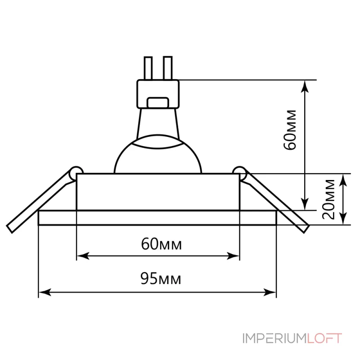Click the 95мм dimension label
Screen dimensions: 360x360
[x=161, y=278]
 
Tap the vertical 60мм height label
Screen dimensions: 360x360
[x=289, y=130]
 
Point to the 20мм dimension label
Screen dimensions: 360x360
[x=328, y=199]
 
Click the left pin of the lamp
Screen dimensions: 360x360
[x=148, y=68]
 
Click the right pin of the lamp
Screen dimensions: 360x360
[x=167, y=68]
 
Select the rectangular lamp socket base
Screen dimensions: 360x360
[x=158, y=94]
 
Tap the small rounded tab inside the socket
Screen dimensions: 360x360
[x=158, y=103]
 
